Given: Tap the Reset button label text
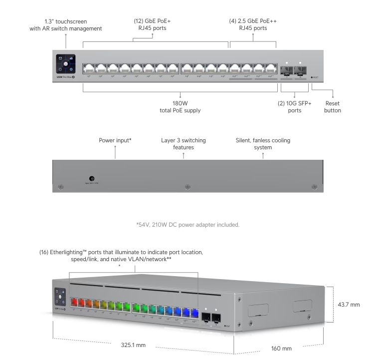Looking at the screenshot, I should click(x=332, y=106).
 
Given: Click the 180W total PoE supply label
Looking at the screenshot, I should click(x=180, y=106).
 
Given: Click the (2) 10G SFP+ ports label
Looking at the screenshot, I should click(x=294, y=106).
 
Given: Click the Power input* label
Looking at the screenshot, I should click(x=115, y=140).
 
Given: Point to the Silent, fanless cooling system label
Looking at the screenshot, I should click(x=263, y=144).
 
